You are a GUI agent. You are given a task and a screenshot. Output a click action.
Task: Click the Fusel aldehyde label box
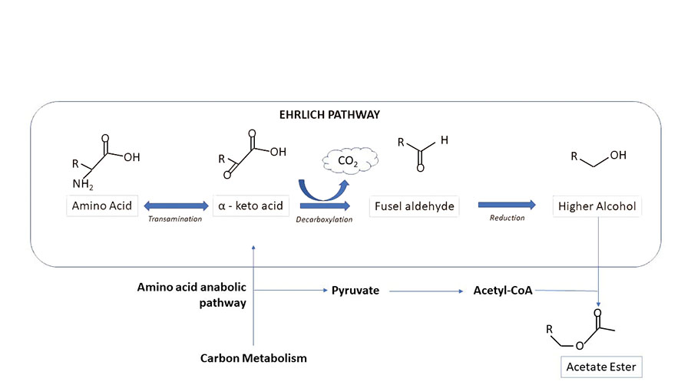point(414,206)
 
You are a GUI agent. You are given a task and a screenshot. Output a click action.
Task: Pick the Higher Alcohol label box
point(597,206)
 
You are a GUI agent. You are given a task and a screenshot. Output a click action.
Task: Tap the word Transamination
point(176,219)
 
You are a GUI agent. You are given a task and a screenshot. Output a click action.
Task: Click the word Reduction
point(507,219)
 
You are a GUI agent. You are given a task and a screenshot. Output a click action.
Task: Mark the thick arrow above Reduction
point(507,205)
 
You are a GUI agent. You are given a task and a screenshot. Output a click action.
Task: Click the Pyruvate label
point(355,291)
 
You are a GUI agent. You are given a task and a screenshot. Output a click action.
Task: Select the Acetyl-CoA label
point(503,291)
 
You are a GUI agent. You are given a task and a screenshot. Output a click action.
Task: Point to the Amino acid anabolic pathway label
point(192,295)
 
